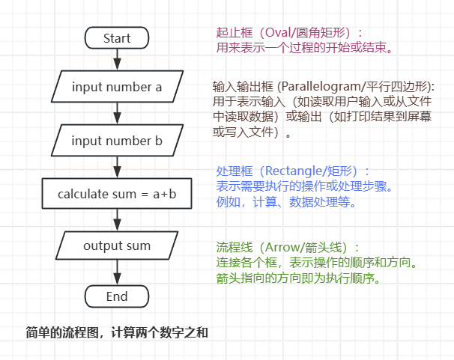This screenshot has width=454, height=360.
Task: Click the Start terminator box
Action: pos(117,38)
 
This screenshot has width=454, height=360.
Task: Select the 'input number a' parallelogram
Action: pos(117,87)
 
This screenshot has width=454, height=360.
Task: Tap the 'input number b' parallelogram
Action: pos(117,141)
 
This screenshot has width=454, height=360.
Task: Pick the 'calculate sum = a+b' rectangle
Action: pos(117,195)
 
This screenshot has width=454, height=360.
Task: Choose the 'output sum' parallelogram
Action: pos(117,246)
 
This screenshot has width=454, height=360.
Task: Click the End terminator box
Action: pos(117,296)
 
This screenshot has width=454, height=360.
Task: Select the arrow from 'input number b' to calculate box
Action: pos(117,168)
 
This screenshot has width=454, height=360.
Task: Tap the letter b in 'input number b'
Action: pos(159,141)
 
